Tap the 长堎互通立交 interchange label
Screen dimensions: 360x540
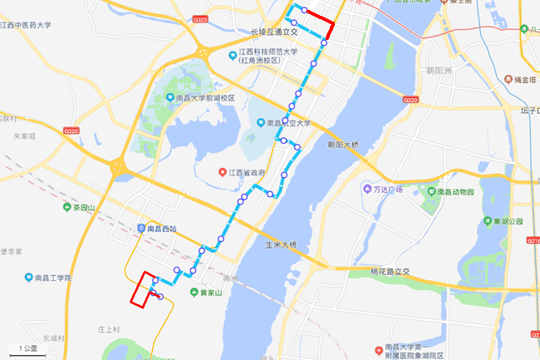(x=273, y=33)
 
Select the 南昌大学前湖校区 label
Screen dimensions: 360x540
(x=205, y=97)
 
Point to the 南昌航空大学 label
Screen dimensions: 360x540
(x=288, y=124)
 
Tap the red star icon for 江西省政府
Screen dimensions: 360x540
(x=223, y=172)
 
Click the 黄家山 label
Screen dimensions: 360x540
(x=213, y=293)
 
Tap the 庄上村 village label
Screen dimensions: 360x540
(x=109, y=329)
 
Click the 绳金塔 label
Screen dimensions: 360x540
(x=526, y=80)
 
